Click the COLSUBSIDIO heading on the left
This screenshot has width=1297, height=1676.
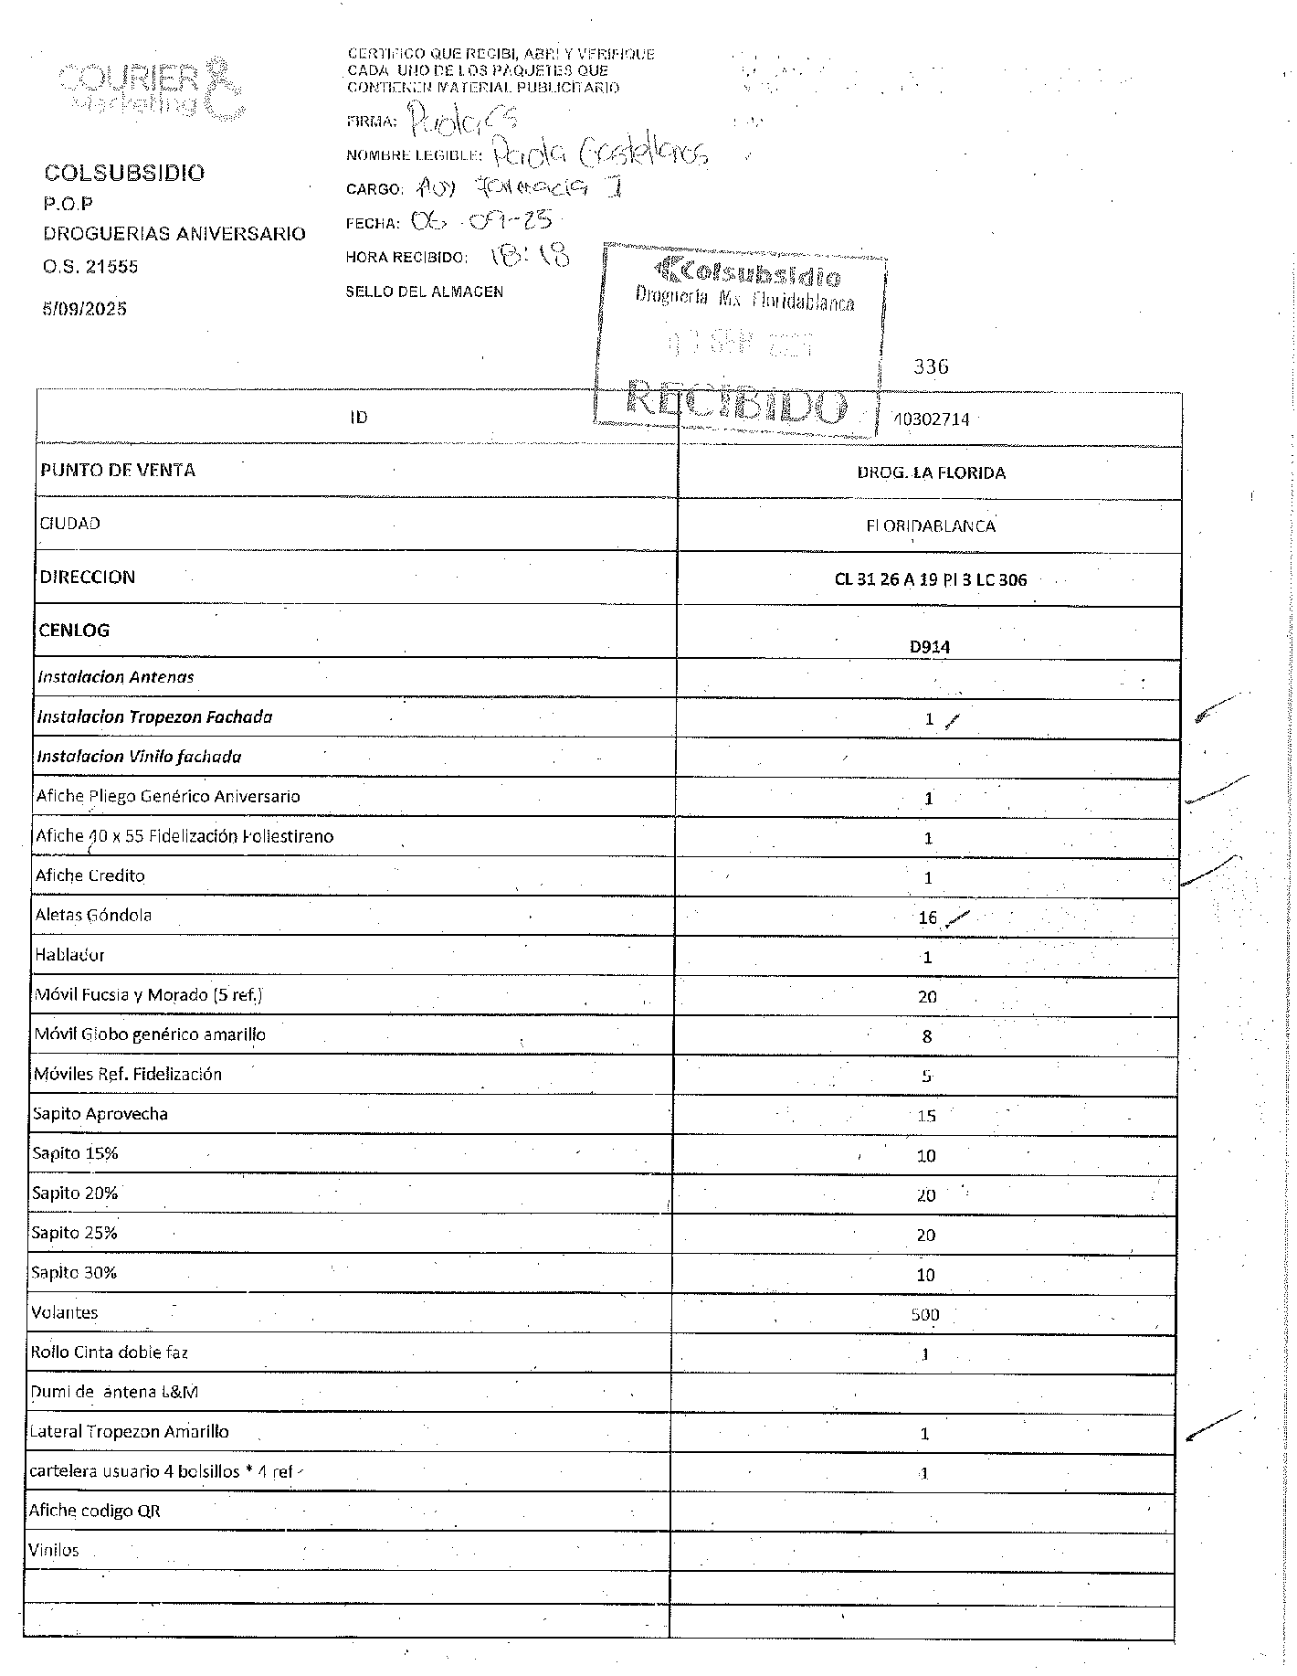tap(124, 173)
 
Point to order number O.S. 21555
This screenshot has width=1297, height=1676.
tap(90, 267)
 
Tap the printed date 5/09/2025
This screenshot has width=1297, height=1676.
tap(84, 309)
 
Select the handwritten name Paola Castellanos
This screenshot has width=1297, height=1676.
tap(599, 153)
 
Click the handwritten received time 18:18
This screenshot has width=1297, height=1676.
tap(530, 255)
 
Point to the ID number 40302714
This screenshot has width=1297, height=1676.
tap(931, 419)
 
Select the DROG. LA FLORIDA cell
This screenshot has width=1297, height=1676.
tap(931, 472)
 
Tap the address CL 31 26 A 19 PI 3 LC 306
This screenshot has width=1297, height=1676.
tap(930, 579)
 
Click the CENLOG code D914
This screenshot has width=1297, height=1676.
tap(929, 647)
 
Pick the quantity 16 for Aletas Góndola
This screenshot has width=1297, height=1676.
tap(927, 918)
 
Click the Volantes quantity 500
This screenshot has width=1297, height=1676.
tap(924, 1315)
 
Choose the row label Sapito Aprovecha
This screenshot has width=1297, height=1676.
tap(100, 1114)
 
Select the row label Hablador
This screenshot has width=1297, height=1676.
tap(69, 955)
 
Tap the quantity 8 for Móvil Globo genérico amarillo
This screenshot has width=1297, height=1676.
tap(927, 1036)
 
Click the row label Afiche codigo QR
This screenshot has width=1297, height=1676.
tap(94, 1511)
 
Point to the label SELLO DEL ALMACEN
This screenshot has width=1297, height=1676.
tap(424, 292)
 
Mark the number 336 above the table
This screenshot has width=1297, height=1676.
tap(931, 366)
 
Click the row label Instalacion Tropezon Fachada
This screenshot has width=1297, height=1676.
tap(154, 716)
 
